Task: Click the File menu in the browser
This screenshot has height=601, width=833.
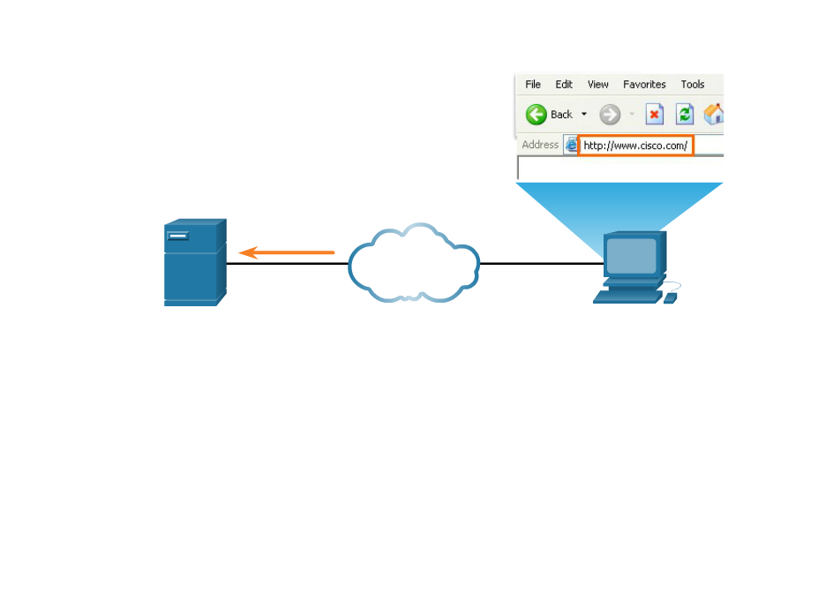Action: click(x=533, y=85)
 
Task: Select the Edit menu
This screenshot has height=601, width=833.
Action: click(x=564, y=85)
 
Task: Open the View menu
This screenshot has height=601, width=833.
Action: click(x=598, y=85)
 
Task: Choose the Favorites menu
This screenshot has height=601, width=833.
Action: click(x=644, y=85)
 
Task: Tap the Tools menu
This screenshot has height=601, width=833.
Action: click(x=693, y=85)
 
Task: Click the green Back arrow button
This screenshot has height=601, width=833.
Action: click(x=537, y=115)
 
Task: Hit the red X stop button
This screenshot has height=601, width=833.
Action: click(x=654, y=115)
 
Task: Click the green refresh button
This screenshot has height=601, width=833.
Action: click(x=685, y=115)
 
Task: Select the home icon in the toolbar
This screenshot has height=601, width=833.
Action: click(x=714, y=115)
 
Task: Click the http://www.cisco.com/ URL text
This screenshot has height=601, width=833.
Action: click(x=635, y=146)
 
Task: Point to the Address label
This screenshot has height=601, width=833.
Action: click(x=540, y=145)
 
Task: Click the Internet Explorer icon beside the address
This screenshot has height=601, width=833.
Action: click(x=571, y=145)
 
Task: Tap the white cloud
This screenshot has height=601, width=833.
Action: click(x=413, y=262)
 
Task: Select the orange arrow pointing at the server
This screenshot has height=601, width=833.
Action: click(x=287, y=253)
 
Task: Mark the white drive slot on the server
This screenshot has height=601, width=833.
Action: click(x=178, y=236)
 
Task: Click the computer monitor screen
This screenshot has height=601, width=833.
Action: click(x=632, y=255)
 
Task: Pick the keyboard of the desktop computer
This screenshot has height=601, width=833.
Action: click(x=627, y=296)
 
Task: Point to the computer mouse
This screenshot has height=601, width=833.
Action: click(x=670, y=297)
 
